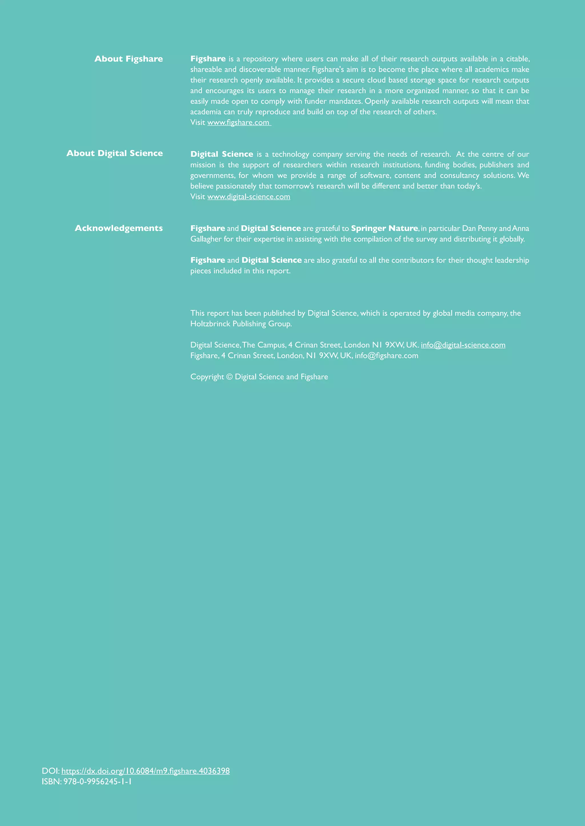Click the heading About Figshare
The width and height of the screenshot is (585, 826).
pyautogui.click(x=129, y=59)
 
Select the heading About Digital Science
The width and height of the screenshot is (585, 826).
pyautogui.click(x=115, y=153)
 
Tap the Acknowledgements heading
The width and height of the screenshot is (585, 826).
pyautogui.click(x=119, y=228)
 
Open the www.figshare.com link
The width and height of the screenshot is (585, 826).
pyautogui.click(x=239, y=122)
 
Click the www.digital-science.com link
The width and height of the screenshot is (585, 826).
pyautogui.click(x=249, y=197)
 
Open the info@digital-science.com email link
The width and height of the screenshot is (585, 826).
pyautogui.click(x=463, y=345)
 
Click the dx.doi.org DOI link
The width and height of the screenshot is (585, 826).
pyautogui.click(x=145, y=771)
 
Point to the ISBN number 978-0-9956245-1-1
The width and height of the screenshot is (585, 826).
pyautogui.click(x=98, y=782)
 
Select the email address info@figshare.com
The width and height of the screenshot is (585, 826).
pyautogui.click(x=386, y=356)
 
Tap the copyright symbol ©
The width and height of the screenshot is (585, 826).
pyautogui.click(x=229, y=377)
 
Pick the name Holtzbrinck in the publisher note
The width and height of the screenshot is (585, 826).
pyautogui.click(x=210, y=324)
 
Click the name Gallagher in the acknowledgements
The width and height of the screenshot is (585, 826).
pyautogui.click(x=206, y=239)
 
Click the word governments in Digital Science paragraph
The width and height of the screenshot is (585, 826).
pyautogui.click(x=212, y=176)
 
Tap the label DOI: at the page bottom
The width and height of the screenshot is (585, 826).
pyautogui.click(x=51, y=771)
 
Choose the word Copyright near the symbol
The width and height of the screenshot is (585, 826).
pyautogui.click(x=207, y=377)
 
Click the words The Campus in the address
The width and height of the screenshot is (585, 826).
pyautogui.click(x=264, y=345)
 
